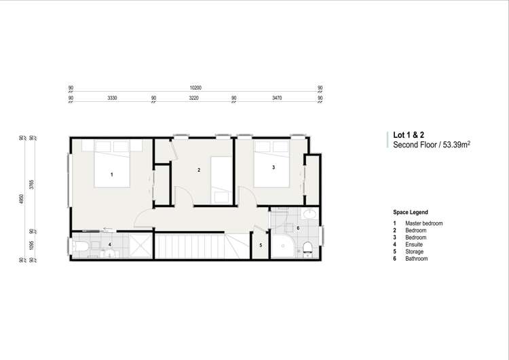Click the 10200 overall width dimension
tap(195, 88)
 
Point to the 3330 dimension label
tap(113, 98)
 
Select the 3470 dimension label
tap(276, 98)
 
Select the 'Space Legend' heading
tap(410, 212)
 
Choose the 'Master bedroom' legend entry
tap(423, 223)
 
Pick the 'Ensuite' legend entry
tap(414, 245)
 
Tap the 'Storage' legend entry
tap(415, 251)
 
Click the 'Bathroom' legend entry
tap(417, 259)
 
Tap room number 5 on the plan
tap(261, 245)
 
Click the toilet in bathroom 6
tap(307, 247)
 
